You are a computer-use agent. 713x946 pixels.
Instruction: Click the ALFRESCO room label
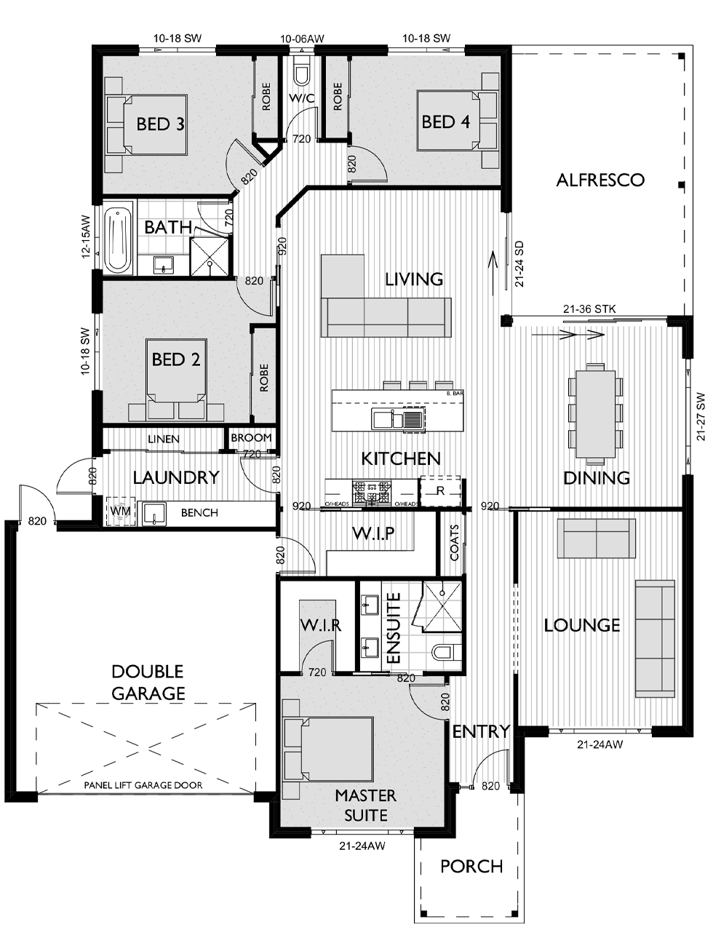[600, 180]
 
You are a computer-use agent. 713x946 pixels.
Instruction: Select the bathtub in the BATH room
[118, 240]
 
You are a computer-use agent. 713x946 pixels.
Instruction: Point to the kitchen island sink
[398, 418]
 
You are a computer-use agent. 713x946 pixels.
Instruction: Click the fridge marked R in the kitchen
[440, 491]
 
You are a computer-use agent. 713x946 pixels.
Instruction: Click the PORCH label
[471, 866]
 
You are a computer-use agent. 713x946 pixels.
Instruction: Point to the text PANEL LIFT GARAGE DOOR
[143, 785]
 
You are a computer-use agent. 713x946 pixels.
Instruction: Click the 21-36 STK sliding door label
[589, 309]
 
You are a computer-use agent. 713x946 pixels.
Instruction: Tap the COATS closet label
[454, 542]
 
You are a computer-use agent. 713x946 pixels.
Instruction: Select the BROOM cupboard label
[251, 438]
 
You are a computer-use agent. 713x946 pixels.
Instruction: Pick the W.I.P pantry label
[373, 533]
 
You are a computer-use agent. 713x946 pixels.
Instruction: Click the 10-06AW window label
[302, 39]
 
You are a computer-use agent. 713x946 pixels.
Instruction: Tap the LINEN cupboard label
[163, 440]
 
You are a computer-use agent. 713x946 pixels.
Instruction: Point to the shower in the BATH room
[210, 256]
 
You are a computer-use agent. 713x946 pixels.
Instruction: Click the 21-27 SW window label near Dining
[701, 416]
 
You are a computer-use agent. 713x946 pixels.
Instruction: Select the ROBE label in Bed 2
[264, 378]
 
